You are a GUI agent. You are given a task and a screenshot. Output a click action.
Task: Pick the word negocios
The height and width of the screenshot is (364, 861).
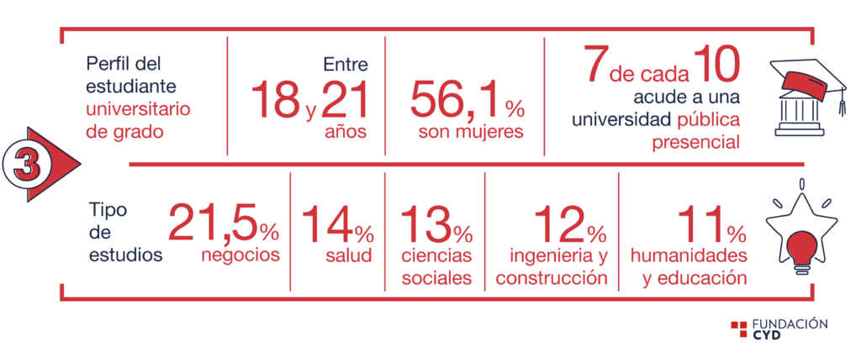[x=240, y=256]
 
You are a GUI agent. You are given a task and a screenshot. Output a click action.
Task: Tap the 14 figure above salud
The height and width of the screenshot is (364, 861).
[x=327, y=223]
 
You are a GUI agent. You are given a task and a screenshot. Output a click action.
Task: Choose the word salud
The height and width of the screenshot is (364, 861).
[x=348, y=256]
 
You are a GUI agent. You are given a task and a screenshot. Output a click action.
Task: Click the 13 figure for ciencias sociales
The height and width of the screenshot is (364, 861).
[x=425, y=223]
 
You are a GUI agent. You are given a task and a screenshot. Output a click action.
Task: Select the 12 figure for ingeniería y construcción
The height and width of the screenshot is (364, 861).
[x=560, y=223]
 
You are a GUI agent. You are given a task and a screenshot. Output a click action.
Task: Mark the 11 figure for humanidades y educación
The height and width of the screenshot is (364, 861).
[x=700, y=223]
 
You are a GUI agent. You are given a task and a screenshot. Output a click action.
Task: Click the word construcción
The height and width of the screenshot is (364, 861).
[x=552, y=277]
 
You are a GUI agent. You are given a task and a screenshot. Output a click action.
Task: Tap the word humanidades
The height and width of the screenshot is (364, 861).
[x=689, y=256]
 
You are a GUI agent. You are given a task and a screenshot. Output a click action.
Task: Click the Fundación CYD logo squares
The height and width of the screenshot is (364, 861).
[x=738, y=329]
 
